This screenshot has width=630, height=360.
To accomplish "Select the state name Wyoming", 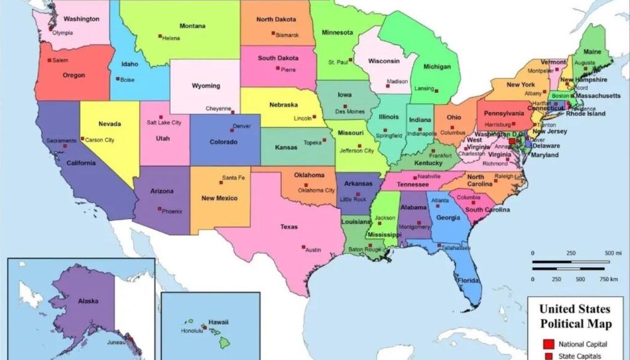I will tap(205, 86).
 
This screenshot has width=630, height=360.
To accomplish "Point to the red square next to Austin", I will tap(303, 247).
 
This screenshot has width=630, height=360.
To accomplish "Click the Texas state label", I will tap(289, 226).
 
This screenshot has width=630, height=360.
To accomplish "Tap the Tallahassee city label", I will tap(456, 248).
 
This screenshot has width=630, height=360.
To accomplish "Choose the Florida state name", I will tap(468, 281).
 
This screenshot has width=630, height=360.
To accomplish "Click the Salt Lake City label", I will tap(164, 122).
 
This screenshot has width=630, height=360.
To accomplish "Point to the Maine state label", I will tap(592, 52).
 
